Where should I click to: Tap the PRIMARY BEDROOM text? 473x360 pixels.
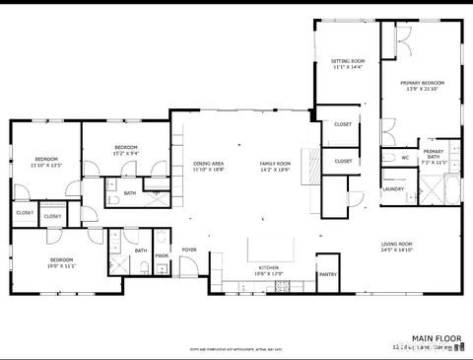(x=422, y=83)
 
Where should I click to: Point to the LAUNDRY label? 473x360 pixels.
(x=393, y=188)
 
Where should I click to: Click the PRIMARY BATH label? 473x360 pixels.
(x=434, y=154)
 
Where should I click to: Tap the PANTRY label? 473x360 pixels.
(x=328, y=274)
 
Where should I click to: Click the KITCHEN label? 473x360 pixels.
(x=269, y=267)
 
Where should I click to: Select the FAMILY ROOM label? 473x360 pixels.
(x=275, y=163)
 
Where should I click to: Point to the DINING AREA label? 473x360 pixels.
(x=208, y=163)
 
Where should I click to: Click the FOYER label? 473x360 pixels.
(x=188, y=250)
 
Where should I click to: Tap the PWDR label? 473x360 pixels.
(x=162, y=255)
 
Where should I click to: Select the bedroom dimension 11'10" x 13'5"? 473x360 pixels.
(x=46, y=166)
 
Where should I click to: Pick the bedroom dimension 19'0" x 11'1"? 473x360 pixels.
(x=62, y=266)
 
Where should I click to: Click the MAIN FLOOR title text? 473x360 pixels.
(x=438, y=338)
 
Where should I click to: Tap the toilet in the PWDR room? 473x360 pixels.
(x=162, y=240)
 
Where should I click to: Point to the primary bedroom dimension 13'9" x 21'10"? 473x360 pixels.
(x=422, y=90)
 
